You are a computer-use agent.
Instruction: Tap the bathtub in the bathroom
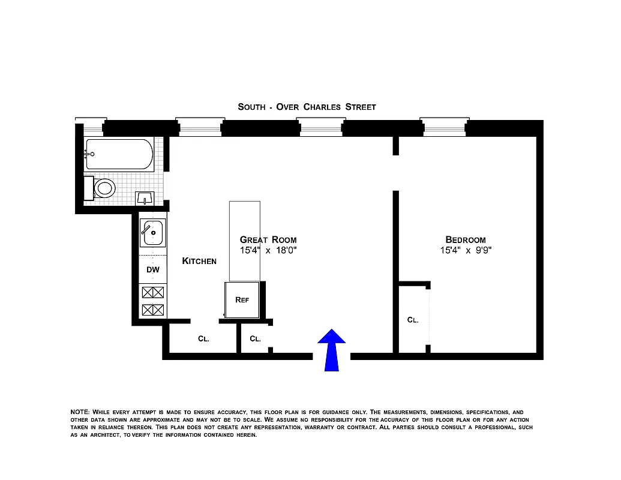click(x=119, y=154)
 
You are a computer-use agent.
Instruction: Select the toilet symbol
click(x=103, y=188)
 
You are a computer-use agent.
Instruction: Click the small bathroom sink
click(x=145, y=197)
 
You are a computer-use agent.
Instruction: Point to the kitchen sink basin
click(x=154, y=232)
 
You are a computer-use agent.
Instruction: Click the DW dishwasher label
click(x=153, y=269)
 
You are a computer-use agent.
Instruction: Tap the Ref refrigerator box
click(x=242, y=300)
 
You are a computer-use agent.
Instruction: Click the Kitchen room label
click(x=199, y=261)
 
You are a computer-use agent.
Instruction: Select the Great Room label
click(x=268, y=239)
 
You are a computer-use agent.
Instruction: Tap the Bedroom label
click(x=465, y=239)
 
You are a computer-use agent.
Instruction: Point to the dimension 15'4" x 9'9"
click(x=465, y=250)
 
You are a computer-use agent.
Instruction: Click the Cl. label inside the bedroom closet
click(x=413, y=320)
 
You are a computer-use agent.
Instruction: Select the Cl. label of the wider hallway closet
click(x=203, y=338)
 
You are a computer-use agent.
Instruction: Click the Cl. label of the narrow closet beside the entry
click(x=255, y=338)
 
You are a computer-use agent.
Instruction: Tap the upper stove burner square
click(x=153, y=293)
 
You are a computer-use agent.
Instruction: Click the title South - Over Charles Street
click(x=307, y=107)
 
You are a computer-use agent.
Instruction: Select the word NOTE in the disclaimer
click(x=80, y=412)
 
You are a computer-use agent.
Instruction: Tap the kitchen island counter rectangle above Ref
click(x=244, y=240)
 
